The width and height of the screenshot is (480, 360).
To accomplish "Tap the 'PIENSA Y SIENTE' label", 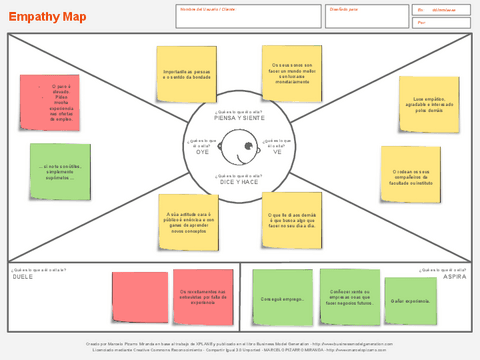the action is [x=240, y=118].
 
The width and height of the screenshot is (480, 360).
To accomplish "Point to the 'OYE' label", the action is [x=201, y=152].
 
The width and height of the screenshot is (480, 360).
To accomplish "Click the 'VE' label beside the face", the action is [x=277, y=152].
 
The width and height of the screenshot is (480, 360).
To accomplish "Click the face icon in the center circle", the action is [x=240, y=151].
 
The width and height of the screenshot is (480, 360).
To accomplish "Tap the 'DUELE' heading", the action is [x=23, y=276].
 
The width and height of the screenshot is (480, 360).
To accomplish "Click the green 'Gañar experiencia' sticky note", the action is [x=409, y=299].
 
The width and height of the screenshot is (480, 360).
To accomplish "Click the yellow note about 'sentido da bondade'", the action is [x=186, y=75].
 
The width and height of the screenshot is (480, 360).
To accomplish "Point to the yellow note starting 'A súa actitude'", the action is [x=188, y=220].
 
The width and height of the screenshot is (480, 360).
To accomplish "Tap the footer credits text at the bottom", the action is [x=240, y=346].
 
